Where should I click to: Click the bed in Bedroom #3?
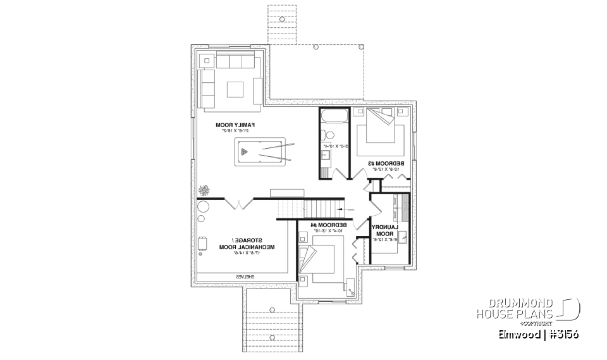tap(378, 133)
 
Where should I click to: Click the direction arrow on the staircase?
tap(343, 208)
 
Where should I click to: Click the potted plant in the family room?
tap(204, 190)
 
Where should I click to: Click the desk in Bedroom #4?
tap(350, 286)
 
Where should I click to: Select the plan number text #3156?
tap(560, 334)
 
